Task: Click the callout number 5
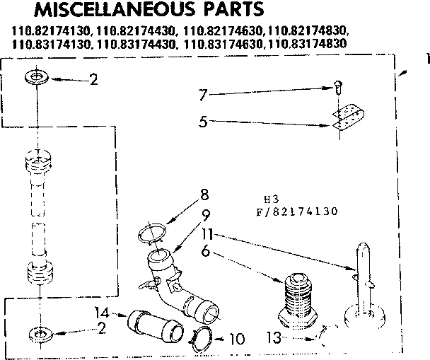202,121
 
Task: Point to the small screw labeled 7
338,87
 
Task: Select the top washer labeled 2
36,76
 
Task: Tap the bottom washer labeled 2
36,332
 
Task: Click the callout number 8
204,192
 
